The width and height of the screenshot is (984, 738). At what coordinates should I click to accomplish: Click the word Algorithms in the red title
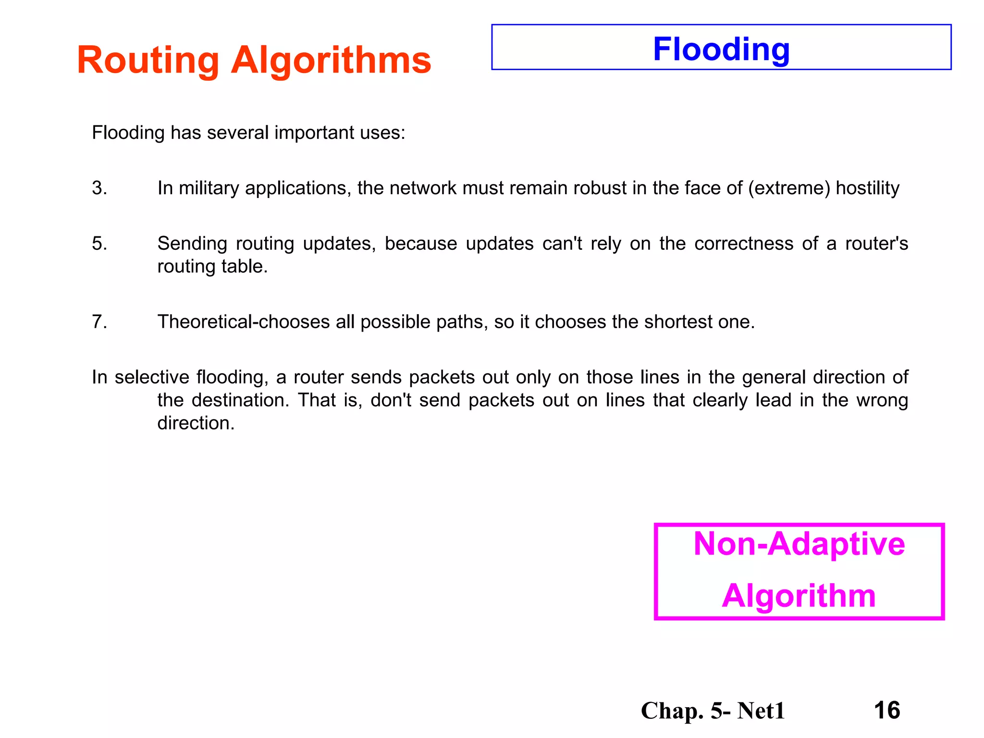pos(331,61)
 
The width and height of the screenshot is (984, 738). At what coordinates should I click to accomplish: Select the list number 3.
pos(99,188)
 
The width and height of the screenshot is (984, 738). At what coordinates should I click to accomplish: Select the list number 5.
pos(99,244)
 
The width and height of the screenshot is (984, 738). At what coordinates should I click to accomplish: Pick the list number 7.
pos(99,322)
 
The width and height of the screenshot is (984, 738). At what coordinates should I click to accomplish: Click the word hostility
pos(867,188)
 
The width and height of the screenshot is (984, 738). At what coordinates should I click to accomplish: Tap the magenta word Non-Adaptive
pos(799,544)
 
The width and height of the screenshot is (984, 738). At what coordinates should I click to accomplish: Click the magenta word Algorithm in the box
pos(799,596)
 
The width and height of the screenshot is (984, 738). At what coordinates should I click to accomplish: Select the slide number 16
pos(886,710)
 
